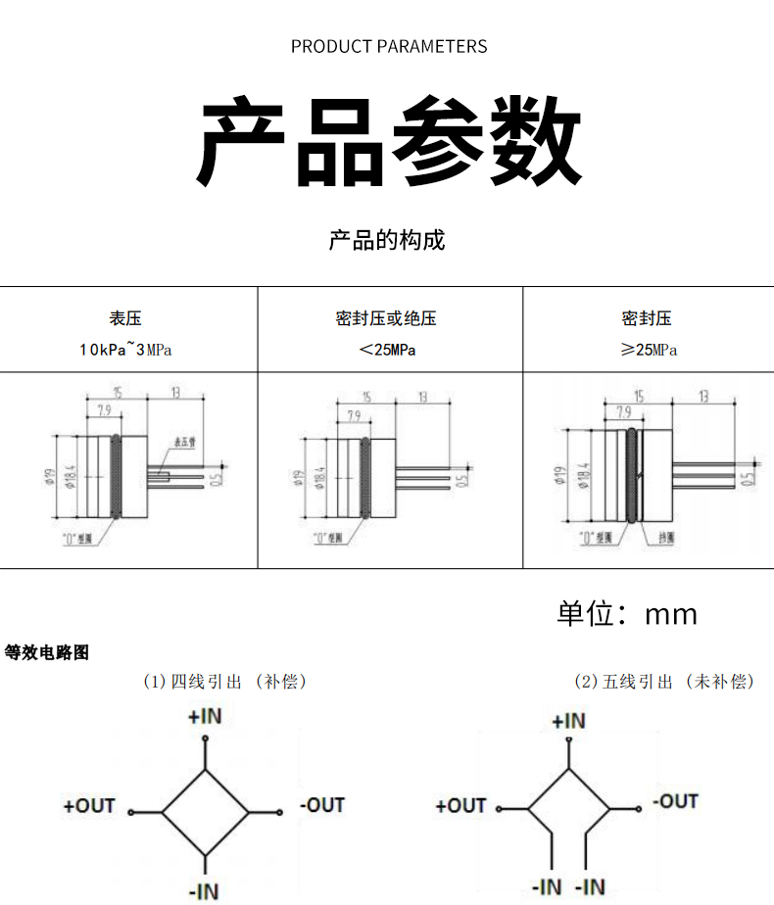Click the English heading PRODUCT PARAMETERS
(x=388, y=46)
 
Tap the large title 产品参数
(x=388, y=141)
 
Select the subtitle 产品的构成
(x=387, y=240)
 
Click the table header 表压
(x=125, y=318)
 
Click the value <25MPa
(x=386, y=350)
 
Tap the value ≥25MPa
(x=649, y=350)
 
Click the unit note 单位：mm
(x=627, y=613)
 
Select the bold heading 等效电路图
(x=47, y=652)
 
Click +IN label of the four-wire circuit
(x=206, y=717)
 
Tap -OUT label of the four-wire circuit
(x=323, y=805)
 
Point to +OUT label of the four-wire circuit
(x=89, y=806)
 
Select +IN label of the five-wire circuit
(x=568, y=722)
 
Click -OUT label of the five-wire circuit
(x=676, y=801)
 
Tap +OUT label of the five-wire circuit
(x=460, y=806)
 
